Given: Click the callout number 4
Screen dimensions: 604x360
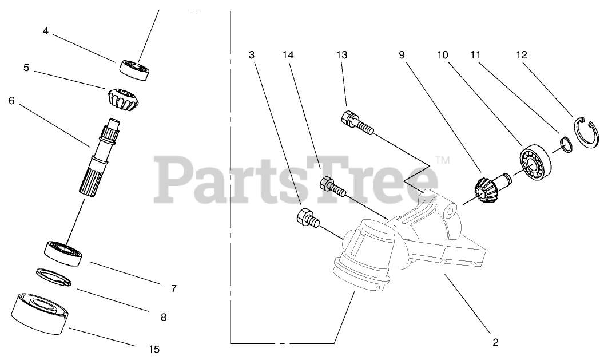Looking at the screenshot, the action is [46, 31].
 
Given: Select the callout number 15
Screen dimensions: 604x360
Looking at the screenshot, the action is [153, 349].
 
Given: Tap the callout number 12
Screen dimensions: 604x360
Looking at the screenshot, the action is [521, 55].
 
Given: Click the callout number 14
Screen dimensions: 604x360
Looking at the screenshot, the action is [288, 55].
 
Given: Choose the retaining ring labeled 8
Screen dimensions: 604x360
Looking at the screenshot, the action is [54, 275].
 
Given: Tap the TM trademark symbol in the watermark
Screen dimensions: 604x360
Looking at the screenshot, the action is [443, 161].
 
